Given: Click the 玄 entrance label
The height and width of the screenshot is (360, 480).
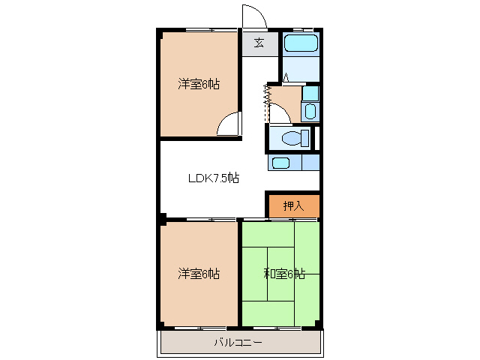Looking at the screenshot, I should point(259,43).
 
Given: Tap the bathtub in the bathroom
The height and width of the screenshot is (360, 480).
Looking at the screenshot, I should point(302,42).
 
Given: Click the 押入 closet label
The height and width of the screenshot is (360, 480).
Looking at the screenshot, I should point(293,205).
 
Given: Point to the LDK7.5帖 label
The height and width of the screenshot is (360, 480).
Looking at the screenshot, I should point(213,178).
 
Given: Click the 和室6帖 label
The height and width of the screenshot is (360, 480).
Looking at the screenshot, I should point(284,274).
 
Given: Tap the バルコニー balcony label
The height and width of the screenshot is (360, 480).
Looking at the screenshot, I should point(238,343).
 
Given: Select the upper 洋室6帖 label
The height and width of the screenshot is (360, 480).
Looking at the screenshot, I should point(199,83).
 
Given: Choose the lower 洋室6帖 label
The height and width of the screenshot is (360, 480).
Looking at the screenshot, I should point(199,274).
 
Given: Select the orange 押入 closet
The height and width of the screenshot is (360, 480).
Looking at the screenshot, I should point(293,205).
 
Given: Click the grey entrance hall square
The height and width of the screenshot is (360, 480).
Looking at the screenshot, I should point(259,43).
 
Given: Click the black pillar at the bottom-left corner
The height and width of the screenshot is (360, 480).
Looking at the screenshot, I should point(160,326).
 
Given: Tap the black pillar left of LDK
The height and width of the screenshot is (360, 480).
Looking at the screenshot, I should point(160,220).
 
